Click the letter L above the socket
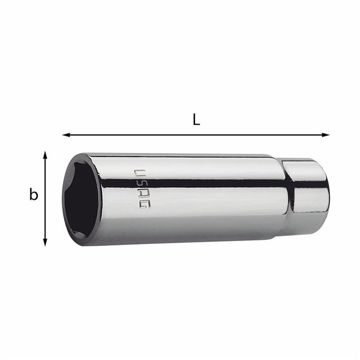[196, 119]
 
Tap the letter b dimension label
[34, 195]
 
